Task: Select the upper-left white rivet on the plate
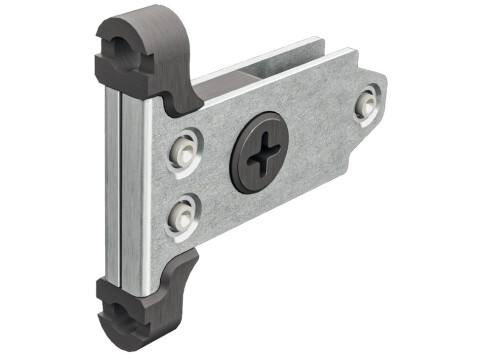pos(182,146)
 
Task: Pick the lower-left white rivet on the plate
pos(180,211)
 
